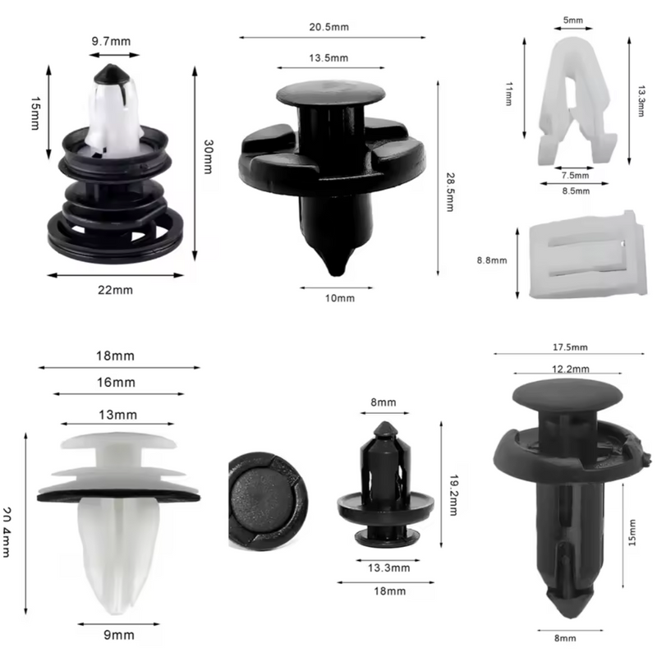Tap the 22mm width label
(x=115, y=289)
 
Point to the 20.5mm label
(x=328, y=26)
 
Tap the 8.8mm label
(x=492, y=260)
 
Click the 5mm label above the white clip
(x=573, y=19)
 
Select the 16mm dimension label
(x=116, y=383)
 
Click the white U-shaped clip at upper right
(x=575, y=99)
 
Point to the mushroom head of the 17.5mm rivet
(x=567, y=397)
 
